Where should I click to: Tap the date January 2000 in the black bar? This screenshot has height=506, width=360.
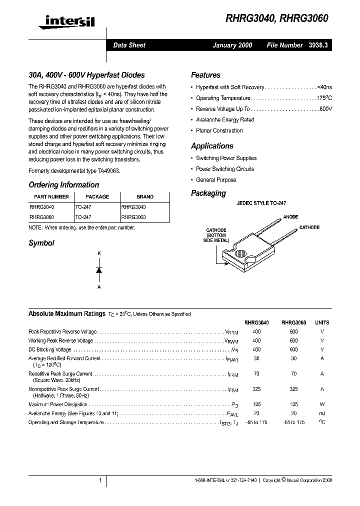[x=232, y=45]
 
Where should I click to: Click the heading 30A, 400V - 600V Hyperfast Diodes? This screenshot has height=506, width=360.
[x=86, y=75]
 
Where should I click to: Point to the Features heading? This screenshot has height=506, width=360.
[x=205, y=75]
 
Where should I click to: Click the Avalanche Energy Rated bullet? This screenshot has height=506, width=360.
[x=225, y=120]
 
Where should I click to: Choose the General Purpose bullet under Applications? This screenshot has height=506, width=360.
[x=216, y=180]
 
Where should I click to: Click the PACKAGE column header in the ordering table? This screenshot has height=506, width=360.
[x=97, y=197]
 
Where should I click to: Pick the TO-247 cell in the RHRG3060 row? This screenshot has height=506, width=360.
[x=83, y=217]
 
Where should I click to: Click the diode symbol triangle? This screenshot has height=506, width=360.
[x=99, y=270]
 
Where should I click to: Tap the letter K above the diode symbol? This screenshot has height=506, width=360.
[x=99, y=254]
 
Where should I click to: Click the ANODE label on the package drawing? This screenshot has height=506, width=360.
[x=290, y=217]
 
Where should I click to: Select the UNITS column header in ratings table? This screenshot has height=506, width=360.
[x=322, y=323]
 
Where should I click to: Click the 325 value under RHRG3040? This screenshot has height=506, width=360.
[x=256, y=389]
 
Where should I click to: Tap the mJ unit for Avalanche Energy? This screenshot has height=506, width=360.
[x=322, y=413]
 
